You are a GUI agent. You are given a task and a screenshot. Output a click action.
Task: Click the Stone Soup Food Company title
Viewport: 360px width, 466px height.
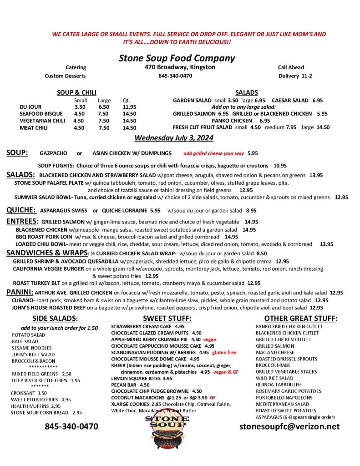click(177, 58)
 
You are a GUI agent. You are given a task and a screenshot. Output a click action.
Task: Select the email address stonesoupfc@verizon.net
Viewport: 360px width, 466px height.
click(289, 426)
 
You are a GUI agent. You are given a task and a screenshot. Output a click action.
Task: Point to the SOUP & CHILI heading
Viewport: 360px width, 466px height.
click(76, 92)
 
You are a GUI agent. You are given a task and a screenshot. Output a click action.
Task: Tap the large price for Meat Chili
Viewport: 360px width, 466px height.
click(104, 128)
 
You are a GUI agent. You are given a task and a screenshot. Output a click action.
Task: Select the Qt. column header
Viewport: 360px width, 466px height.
click(127, 100)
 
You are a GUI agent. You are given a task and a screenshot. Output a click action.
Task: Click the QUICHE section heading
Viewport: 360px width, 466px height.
click(21, 210)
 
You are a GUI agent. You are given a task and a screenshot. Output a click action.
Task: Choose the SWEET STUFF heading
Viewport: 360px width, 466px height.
click(167, 318)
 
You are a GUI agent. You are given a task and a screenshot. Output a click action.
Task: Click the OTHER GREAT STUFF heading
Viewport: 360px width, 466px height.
click(300, 318)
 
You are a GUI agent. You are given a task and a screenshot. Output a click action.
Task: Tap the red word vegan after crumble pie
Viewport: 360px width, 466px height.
click(209, 339)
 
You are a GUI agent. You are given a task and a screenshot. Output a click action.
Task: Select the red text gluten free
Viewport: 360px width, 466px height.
click(225, 352)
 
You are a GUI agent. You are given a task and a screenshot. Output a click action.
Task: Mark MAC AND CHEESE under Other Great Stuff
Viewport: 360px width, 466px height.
click(275, 352)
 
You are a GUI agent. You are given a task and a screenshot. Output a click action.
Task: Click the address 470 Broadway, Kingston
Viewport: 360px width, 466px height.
click(177, 67)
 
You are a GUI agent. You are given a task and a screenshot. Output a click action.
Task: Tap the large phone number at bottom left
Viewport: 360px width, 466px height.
click(71, 426)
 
